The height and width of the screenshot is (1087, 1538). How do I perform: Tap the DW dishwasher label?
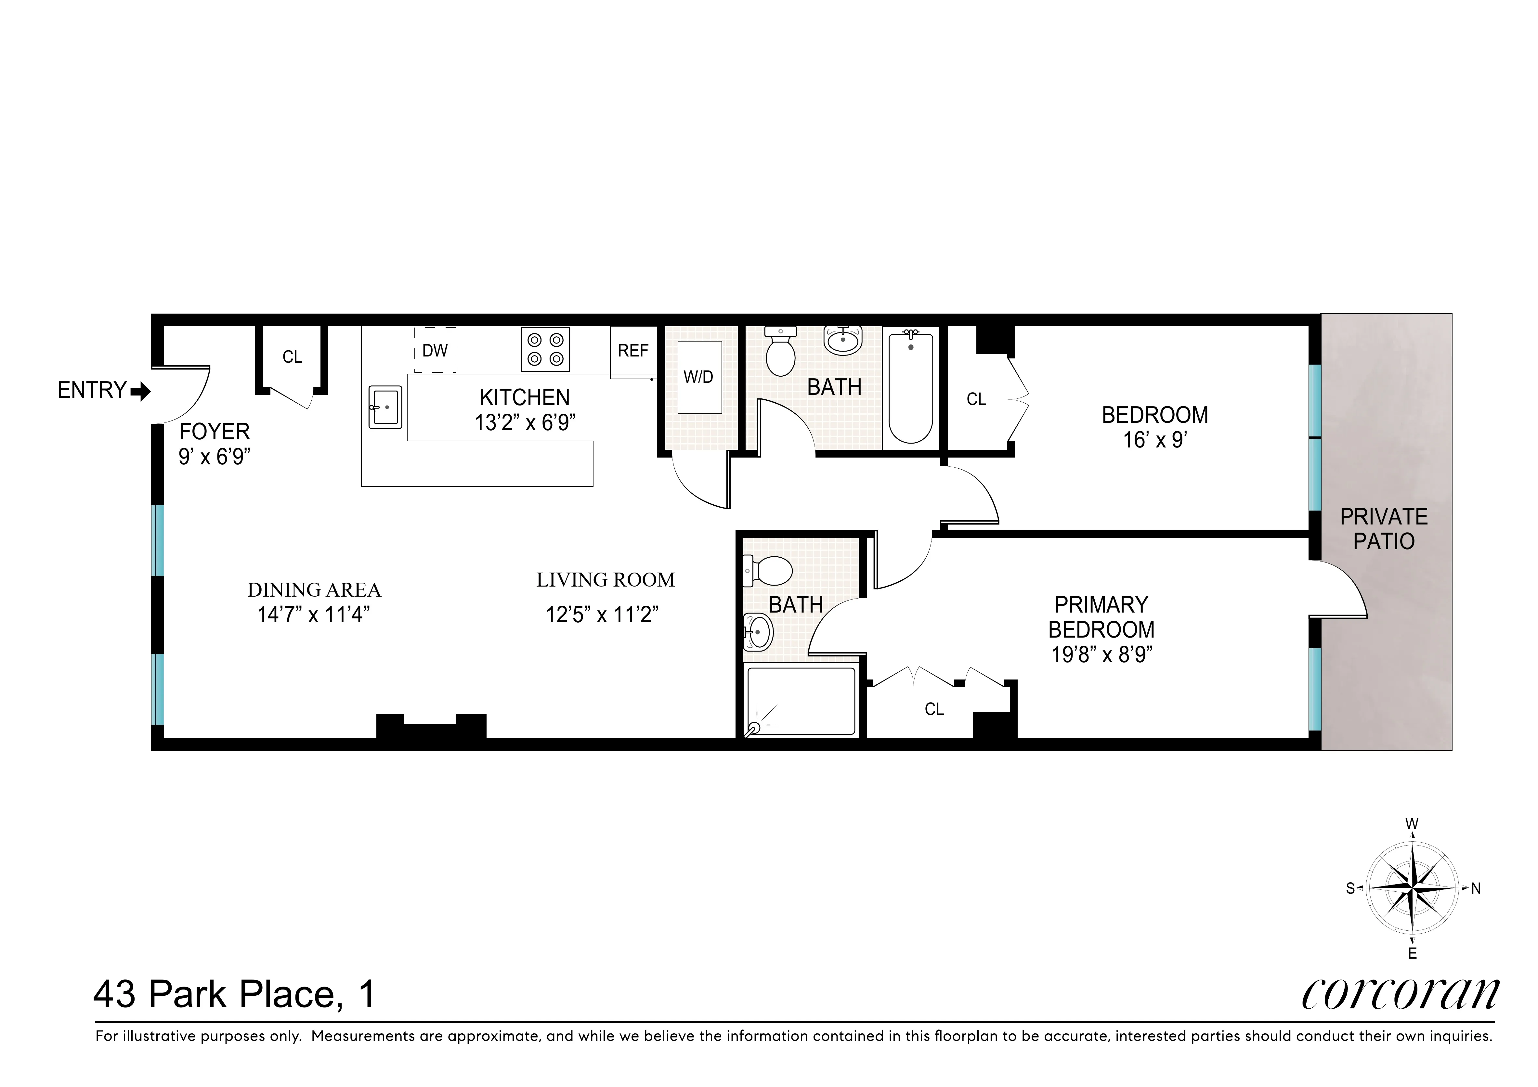435,350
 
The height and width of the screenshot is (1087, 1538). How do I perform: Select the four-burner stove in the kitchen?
545,350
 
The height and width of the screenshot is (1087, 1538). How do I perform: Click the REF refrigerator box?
633,351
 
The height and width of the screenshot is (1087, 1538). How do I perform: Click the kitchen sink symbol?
385,407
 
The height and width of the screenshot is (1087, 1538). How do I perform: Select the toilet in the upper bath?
780,354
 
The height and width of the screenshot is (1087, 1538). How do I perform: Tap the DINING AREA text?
314,590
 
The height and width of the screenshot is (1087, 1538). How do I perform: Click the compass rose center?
1412,889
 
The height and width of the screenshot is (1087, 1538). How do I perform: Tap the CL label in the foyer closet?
292,357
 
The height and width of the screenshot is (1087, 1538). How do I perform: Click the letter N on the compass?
1476,889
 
